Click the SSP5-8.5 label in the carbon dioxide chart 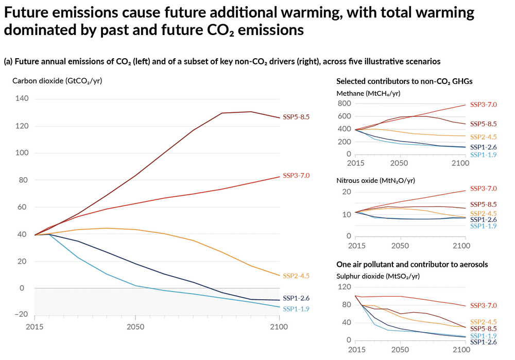(296, 117)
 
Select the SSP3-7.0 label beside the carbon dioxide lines (296, 176)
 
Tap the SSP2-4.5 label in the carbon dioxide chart (296, 276)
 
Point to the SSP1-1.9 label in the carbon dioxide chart (296, 309)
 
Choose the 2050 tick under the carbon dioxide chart (135, 326)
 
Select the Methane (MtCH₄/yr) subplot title (368, 93)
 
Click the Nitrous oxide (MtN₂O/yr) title (375, 180)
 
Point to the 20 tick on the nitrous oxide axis (346, 192)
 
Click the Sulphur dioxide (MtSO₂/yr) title (377, 276)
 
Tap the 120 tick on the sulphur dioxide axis (344, 286)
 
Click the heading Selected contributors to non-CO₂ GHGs (404, 81)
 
